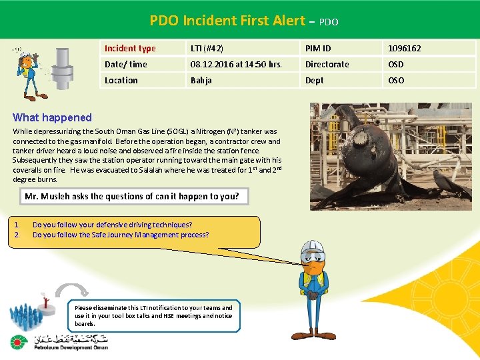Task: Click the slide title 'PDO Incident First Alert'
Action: pyautogui.click(x=226, y=21)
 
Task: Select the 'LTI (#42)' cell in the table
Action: pyautogui.click(x=207, y=48)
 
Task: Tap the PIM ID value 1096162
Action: pyautogui.click(x=405, y=48)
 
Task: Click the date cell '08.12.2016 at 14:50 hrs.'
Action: pyautogui.click(x=236, y=64)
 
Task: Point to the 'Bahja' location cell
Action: pyautogui.click(x=201, y=80)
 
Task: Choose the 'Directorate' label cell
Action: pyautogui.click(x=327, y=64)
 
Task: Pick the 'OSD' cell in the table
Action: pyautogui.click(x=397, y=64)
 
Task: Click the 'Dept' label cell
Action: pyautogui.click(x=314, y=80)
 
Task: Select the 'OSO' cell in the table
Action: pyautogui.click(x=397, y=80)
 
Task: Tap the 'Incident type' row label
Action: pyautogui.click(x=130, y=48)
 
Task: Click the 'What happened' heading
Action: pyautogui.click(x=52, y=117)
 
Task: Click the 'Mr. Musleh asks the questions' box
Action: pyautogui.click(x=131, y=196)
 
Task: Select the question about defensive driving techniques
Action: pyautogui.click(x=112, y=225)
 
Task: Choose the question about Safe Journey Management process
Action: pyautogui.click(x=121, y=235)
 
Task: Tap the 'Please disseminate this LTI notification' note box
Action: pyautogui.click(x=154, y=315)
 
